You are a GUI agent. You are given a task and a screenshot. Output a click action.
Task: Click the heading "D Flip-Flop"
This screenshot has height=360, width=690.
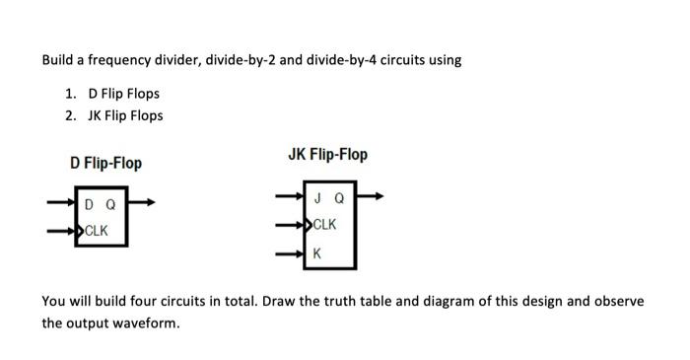[105, 162]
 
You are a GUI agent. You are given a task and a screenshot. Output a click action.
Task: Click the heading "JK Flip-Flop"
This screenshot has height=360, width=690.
[327, 155]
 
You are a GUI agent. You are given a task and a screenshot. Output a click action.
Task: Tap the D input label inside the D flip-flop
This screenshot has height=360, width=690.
[90, 206]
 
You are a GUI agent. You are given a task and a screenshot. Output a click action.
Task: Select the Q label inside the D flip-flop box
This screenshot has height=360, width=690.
[110, 206]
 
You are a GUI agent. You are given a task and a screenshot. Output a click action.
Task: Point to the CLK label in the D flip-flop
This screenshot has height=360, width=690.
[97, 231]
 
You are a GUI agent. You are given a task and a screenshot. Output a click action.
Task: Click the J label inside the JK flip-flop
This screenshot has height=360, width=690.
[316, 197]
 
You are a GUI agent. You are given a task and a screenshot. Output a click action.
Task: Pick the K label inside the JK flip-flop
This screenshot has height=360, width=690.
[316, 253]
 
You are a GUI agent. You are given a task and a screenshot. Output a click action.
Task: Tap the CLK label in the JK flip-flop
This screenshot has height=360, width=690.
[324, 225]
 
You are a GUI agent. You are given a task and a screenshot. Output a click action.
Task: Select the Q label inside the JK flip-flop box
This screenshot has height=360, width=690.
[340, 197]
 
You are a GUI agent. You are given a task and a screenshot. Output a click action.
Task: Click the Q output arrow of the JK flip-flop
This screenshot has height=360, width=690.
[373, 197]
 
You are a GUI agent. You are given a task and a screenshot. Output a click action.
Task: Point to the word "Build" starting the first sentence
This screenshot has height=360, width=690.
[58, 60]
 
